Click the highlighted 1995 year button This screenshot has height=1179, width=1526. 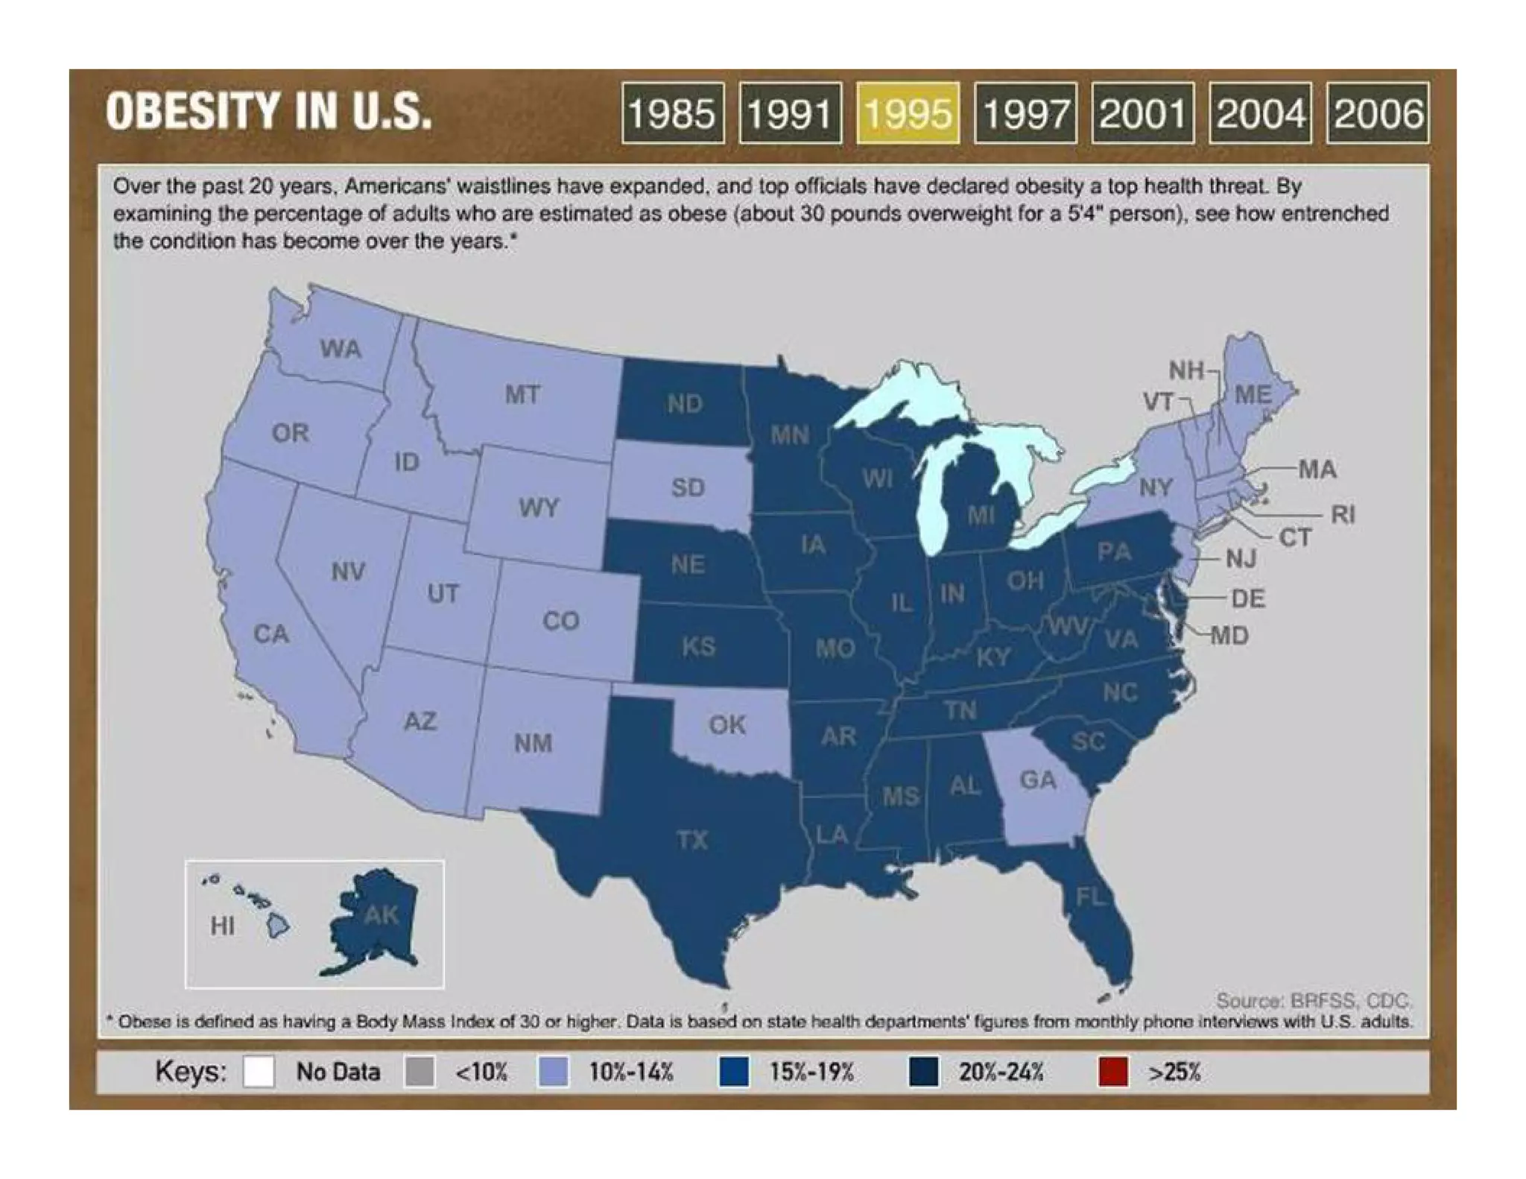coord(908,113)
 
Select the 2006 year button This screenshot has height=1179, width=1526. coord(1378,113)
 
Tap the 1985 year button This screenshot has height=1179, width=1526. coord(672,113)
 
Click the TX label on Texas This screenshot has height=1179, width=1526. coord(692,840)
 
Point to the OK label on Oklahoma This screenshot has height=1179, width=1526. coord(726,724)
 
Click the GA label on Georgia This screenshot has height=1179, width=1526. coord(1037,780)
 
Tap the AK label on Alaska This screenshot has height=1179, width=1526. coord(381,914)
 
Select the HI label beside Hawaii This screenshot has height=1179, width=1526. coord(222,926)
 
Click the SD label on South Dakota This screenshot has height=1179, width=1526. coord(687,487)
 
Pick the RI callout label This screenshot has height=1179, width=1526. coord(1343,514)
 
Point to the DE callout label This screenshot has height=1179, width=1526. coord(1248,598)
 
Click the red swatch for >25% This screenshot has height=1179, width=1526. coord(1113,1072)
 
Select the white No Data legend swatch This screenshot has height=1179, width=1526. coord(259,1072)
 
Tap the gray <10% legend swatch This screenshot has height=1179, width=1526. coord(420,1072)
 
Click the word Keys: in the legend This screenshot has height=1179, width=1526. coord(190,1072)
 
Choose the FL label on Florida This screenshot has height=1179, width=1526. coord(1089,897)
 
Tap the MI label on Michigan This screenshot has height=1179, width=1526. coord(981,514)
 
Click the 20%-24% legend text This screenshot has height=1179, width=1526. coord(1001,1072)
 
